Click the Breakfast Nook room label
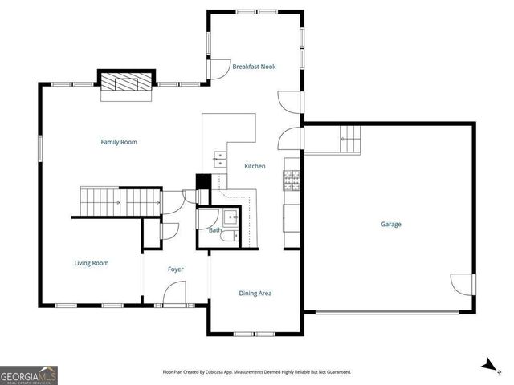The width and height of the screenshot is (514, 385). tap(254, 67)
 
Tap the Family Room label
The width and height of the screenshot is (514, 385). tap(118, 142)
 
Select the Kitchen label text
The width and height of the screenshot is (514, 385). tap(255, 166)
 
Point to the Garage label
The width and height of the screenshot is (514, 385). tap(391, 225)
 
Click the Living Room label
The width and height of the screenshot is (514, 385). tap(92, 263)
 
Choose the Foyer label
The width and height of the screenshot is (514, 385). tap(176, 269)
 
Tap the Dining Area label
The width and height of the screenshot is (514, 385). tap(255, 294)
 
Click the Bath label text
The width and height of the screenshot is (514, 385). tap(214, 231)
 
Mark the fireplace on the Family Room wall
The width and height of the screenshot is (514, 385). tap(124, 83)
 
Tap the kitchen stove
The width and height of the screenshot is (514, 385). tap(292, 180)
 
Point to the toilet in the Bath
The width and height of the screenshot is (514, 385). tap(228, 236)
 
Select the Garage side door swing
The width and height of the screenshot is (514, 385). tap(462, 283)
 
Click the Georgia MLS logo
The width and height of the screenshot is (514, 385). tap(29, 375)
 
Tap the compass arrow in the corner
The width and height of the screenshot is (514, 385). tap(487, 365)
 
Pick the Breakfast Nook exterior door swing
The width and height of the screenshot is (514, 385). tap(218, 70)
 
